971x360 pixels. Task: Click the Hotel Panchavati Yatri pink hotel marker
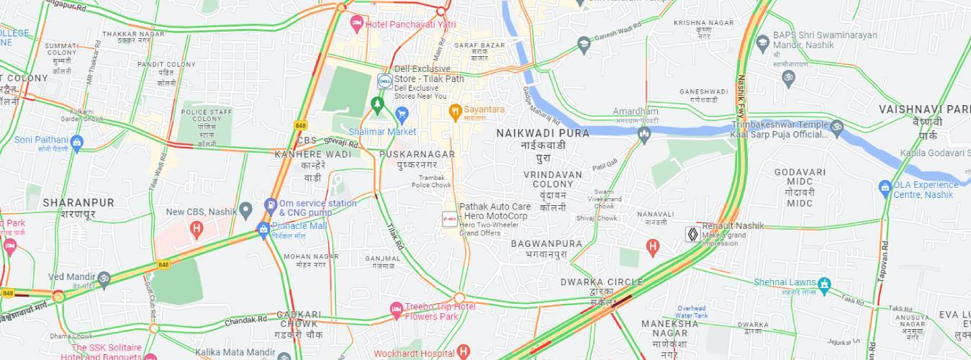(356, 23)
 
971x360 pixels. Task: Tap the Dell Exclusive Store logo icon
(384, 81)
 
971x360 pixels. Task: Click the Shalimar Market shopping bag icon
(402, 114)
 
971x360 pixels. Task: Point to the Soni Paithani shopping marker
(77, 142)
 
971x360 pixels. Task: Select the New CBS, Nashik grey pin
(245, 211)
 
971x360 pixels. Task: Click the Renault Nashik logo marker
(692, 234)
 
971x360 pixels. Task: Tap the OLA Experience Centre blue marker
(885, 188)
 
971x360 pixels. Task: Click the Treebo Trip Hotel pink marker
(396, 310)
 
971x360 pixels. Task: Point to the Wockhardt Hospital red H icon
(463, 352)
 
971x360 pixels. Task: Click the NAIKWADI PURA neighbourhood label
(543, 133)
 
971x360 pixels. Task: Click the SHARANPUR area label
(78, 202)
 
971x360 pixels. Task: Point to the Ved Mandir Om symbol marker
(104, 278)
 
